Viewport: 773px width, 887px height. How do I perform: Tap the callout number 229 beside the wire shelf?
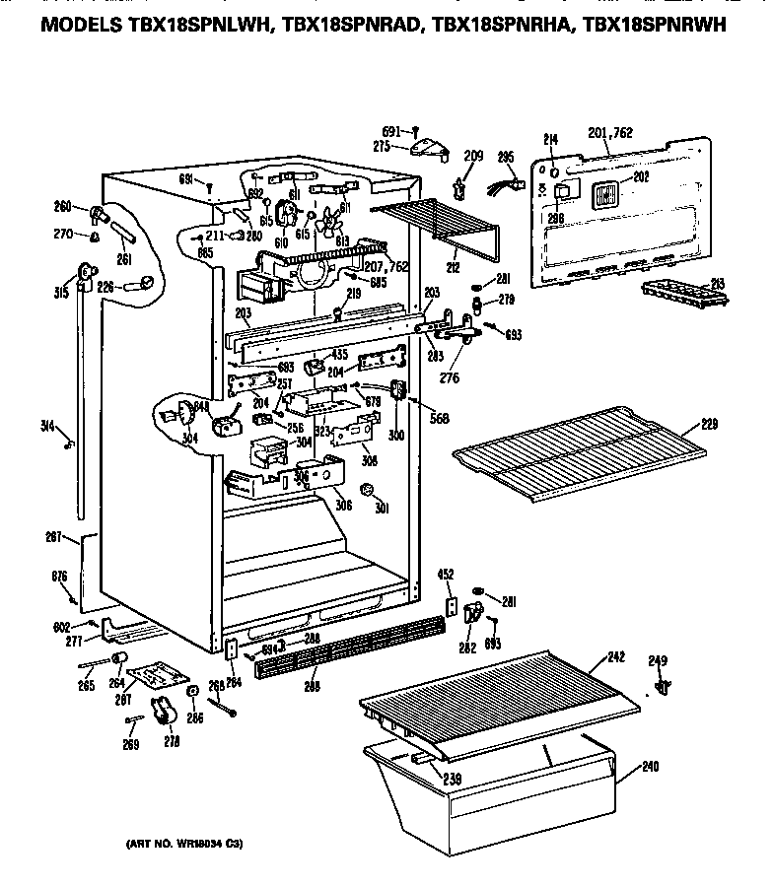708,425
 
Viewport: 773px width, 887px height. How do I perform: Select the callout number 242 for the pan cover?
616,656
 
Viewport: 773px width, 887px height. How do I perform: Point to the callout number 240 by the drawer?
650,766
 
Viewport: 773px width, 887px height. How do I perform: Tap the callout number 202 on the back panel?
641,177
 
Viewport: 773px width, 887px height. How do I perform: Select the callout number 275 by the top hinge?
381,147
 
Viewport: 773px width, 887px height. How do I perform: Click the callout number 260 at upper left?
64,206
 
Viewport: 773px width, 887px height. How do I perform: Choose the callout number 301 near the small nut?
381,510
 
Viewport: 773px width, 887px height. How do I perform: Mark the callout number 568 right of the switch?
440,418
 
